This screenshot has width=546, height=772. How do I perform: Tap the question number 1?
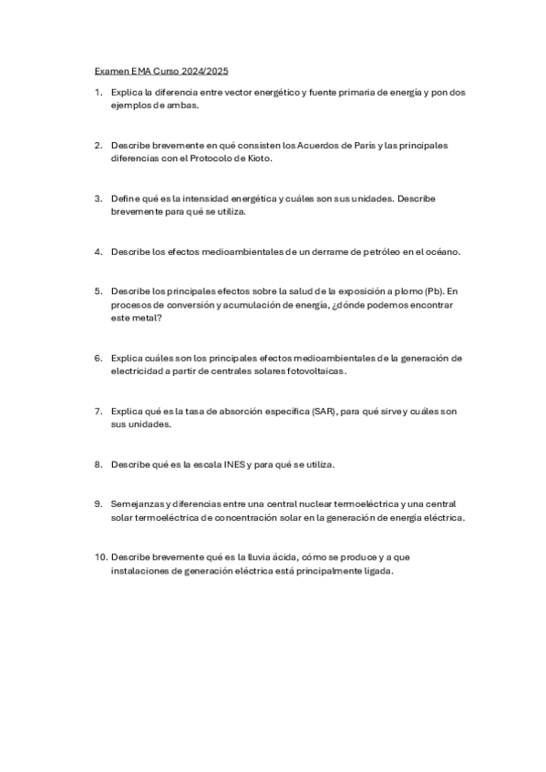98,93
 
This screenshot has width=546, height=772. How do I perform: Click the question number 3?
98,198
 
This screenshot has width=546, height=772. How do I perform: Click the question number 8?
98,464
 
